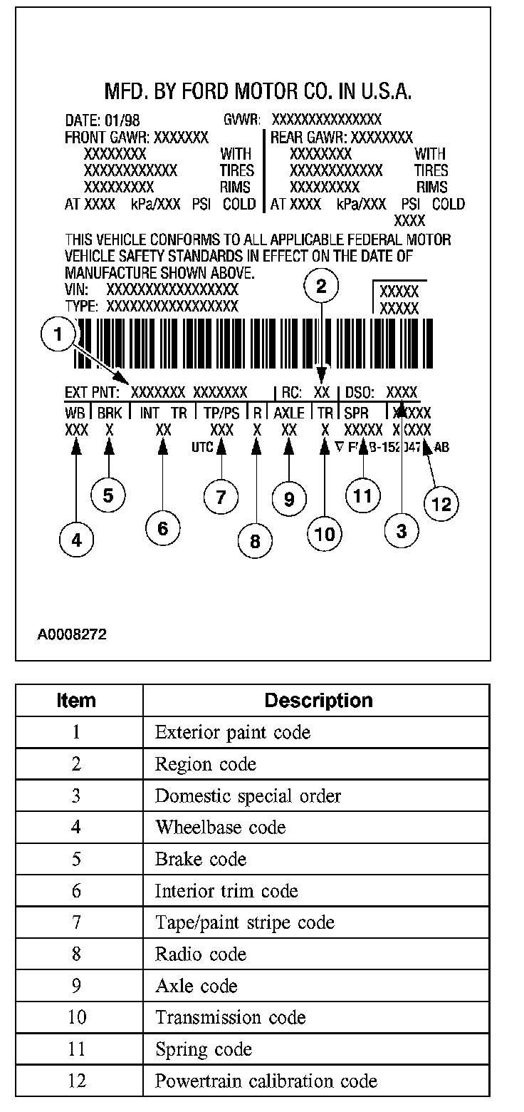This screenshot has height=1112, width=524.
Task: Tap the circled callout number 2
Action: coord(321,287)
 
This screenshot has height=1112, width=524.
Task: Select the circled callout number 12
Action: coord(441,504)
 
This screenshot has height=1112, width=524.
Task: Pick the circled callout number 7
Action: coord(221,497)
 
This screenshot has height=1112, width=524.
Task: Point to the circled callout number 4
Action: coord(76,540)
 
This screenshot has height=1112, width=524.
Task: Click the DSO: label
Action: coord(362,393)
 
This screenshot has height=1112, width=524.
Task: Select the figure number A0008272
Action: coord(72,634)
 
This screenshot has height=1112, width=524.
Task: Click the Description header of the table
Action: coord(318,701)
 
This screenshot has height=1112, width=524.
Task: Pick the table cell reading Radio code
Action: coord(201,954)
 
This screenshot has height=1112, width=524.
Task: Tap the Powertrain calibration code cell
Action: coord(266,1081)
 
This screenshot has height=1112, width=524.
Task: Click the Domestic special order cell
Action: coord(248,796)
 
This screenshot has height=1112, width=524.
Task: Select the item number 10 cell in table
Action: coord(77,1017)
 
